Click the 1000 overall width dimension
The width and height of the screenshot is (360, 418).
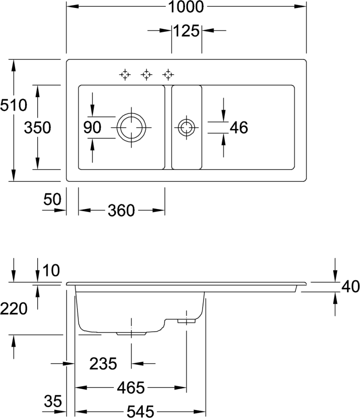coord(186,7)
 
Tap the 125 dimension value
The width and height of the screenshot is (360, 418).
coord(186,31)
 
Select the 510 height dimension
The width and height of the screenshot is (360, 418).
coord(13,104)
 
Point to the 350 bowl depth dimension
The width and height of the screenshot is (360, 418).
coord(37,128)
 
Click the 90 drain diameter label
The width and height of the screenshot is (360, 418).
coord(92,128)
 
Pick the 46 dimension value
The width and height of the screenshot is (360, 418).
coord(239,128)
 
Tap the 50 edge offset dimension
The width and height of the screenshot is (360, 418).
coord(53,200)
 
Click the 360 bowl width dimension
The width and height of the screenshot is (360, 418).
coord(121,210)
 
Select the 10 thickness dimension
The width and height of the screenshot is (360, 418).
coord(51,270)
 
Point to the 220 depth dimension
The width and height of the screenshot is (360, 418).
coord(14,308)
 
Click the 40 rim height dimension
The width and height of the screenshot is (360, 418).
coord(350,287)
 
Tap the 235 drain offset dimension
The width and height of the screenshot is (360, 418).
coord(103,364)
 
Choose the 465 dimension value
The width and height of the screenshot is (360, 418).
coord(131,387)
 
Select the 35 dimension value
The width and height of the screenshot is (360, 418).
coord(53,401)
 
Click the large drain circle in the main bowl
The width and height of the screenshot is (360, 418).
coord(132,127)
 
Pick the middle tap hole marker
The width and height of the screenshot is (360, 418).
coord(147,74)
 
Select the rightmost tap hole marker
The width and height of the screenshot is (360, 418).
coord(168,74)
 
